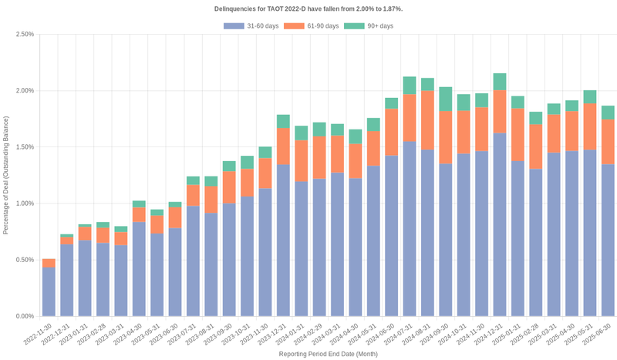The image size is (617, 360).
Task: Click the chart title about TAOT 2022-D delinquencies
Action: tap(308, 8)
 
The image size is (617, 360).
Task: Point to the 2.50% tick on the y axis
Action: tap(24, 35)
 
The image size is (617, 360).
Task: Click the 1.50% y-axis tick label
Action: tap(24, 147)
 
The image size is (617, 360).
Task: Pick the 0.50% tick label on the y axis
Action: tap(24, 260)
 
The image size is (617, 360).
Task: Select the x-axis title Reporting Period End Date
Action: tap(328, 354)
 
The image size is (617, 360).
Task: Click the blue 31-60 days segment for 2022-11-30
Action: tap(49, 291)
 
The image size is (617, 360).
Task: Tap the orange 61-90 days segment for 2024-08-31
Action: tap(427, 120)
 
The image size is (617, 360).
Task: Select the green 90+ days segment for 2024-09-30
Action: tap(446, 99)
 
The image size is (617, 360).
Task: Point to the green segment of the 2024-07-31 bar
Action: tap(410, 85)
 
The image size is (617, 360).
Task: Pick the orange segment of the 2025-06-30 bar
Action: tap(608, 142)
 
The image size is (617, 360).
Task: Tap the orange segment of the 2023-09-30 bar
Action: tap(229, 187)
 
